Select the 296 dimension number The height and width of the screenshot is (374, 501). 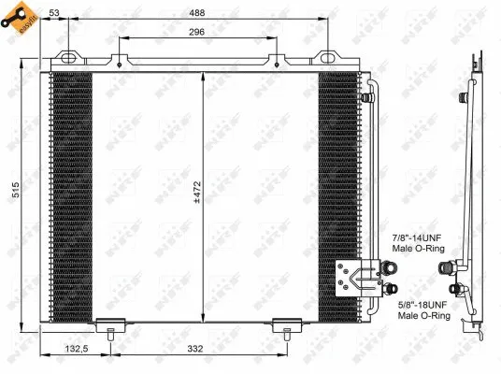tap(194, 32)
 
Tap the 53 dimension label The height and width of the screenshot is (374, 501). tap(55, 13)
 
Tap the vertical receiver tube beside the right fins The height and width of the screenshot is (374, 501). tap(373, 168)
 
